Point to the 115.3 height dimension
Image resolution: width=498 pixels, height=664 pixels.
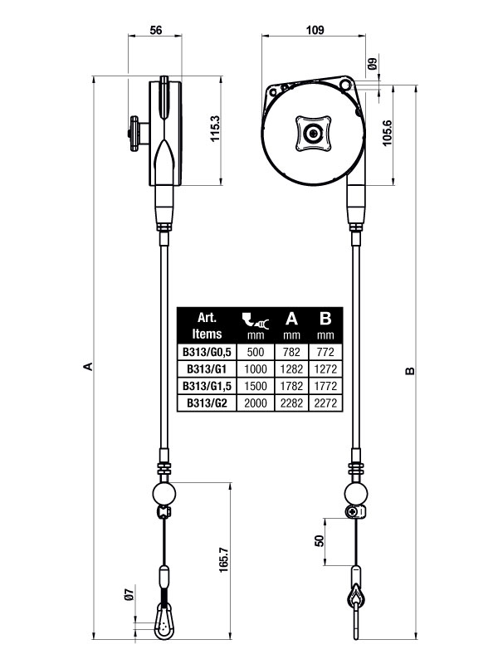coord(215,130)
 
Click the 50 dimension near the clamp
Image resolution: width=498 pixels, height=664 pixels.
coord(319,539)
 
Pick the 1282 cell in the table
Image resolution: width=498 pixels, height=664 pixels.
coord(290,369)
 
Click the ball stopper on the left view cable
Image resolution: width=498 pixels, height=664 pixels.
coord(164,494)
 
